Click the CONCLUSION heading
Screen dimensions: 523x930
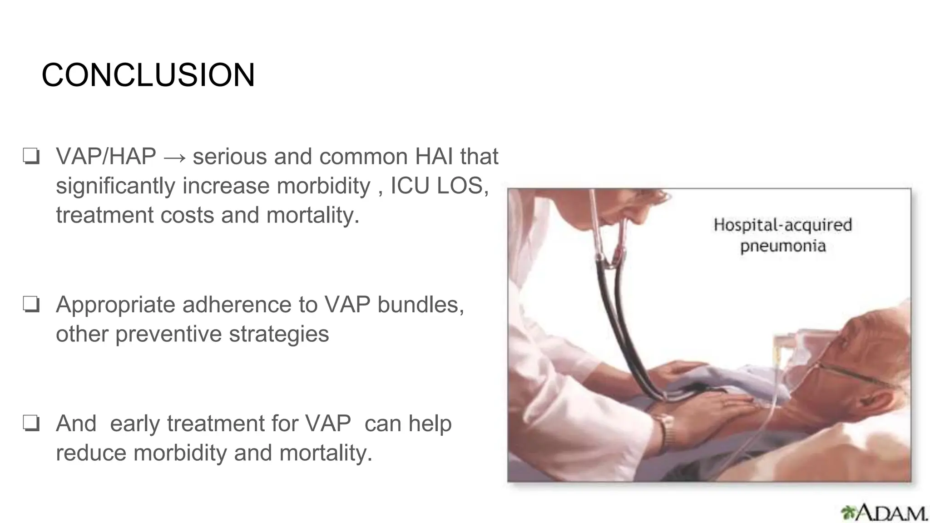[148, 75]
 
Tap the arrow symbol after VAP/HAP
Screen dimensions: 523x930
[174, 157]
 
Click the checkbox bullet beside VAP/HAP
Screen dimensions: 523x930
[31, 157]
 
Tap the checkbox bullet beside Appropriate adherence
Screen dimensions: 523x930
[31, 305]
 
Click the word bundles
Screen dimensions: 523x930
[420, 305]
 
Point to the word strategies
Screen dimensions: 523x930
[279, 334]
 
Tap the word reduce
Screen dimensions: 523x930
[91, 453]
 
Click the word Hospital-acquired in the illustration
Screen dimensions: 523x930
[782, 225]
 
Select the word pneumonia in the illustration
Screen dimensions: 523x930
[783, 247]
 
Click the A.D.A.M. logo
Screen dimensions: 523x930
[884, 513]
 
